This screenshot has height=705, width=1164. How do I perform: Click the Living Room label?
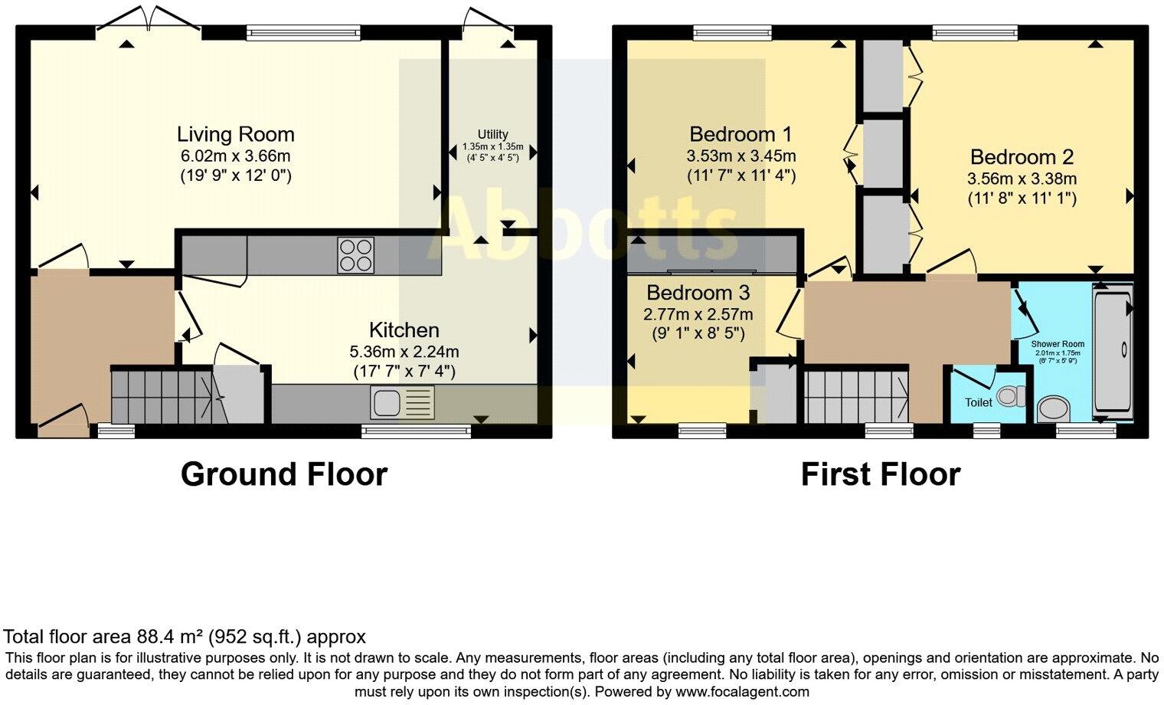coord(235,135)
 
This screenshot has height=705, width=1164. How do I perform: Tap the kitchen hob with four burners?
coord(356,255)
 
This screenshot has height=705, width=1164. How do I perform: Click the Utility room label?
coord(492,134)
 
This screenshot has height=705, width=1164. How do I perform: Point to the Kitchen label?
coord(404,330)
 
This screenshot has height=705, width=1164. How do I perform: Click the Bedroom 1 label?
coord(741,135)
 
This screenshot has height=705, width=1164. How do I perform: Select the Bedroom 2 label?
coord(1022,157)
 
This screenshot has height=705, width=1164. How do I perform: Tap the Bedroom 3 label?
coord(698,293)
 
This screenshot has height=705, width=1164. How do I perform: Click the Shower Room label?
coord(1057,344)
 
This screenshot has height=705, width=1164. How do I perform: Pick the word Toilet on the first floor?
coord(978,402)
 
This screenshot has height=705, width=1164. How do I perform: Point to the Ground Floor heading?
coord(284,474)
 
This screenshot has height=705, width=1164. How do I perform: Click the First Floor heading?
coord(880,474)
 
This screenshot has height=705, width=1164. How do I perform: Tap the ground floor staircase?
coord(161,396)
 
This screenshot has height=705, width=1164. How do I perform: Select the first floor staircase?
coord(856,396)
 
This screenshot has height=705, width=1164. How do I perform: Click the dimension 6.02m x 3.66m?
coord(235,156)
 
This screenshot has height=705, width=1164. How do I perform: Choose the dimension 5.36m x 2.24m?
coord(404,352)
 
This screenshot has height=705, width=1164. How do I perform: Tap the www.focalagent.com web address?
coord(742,692)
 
